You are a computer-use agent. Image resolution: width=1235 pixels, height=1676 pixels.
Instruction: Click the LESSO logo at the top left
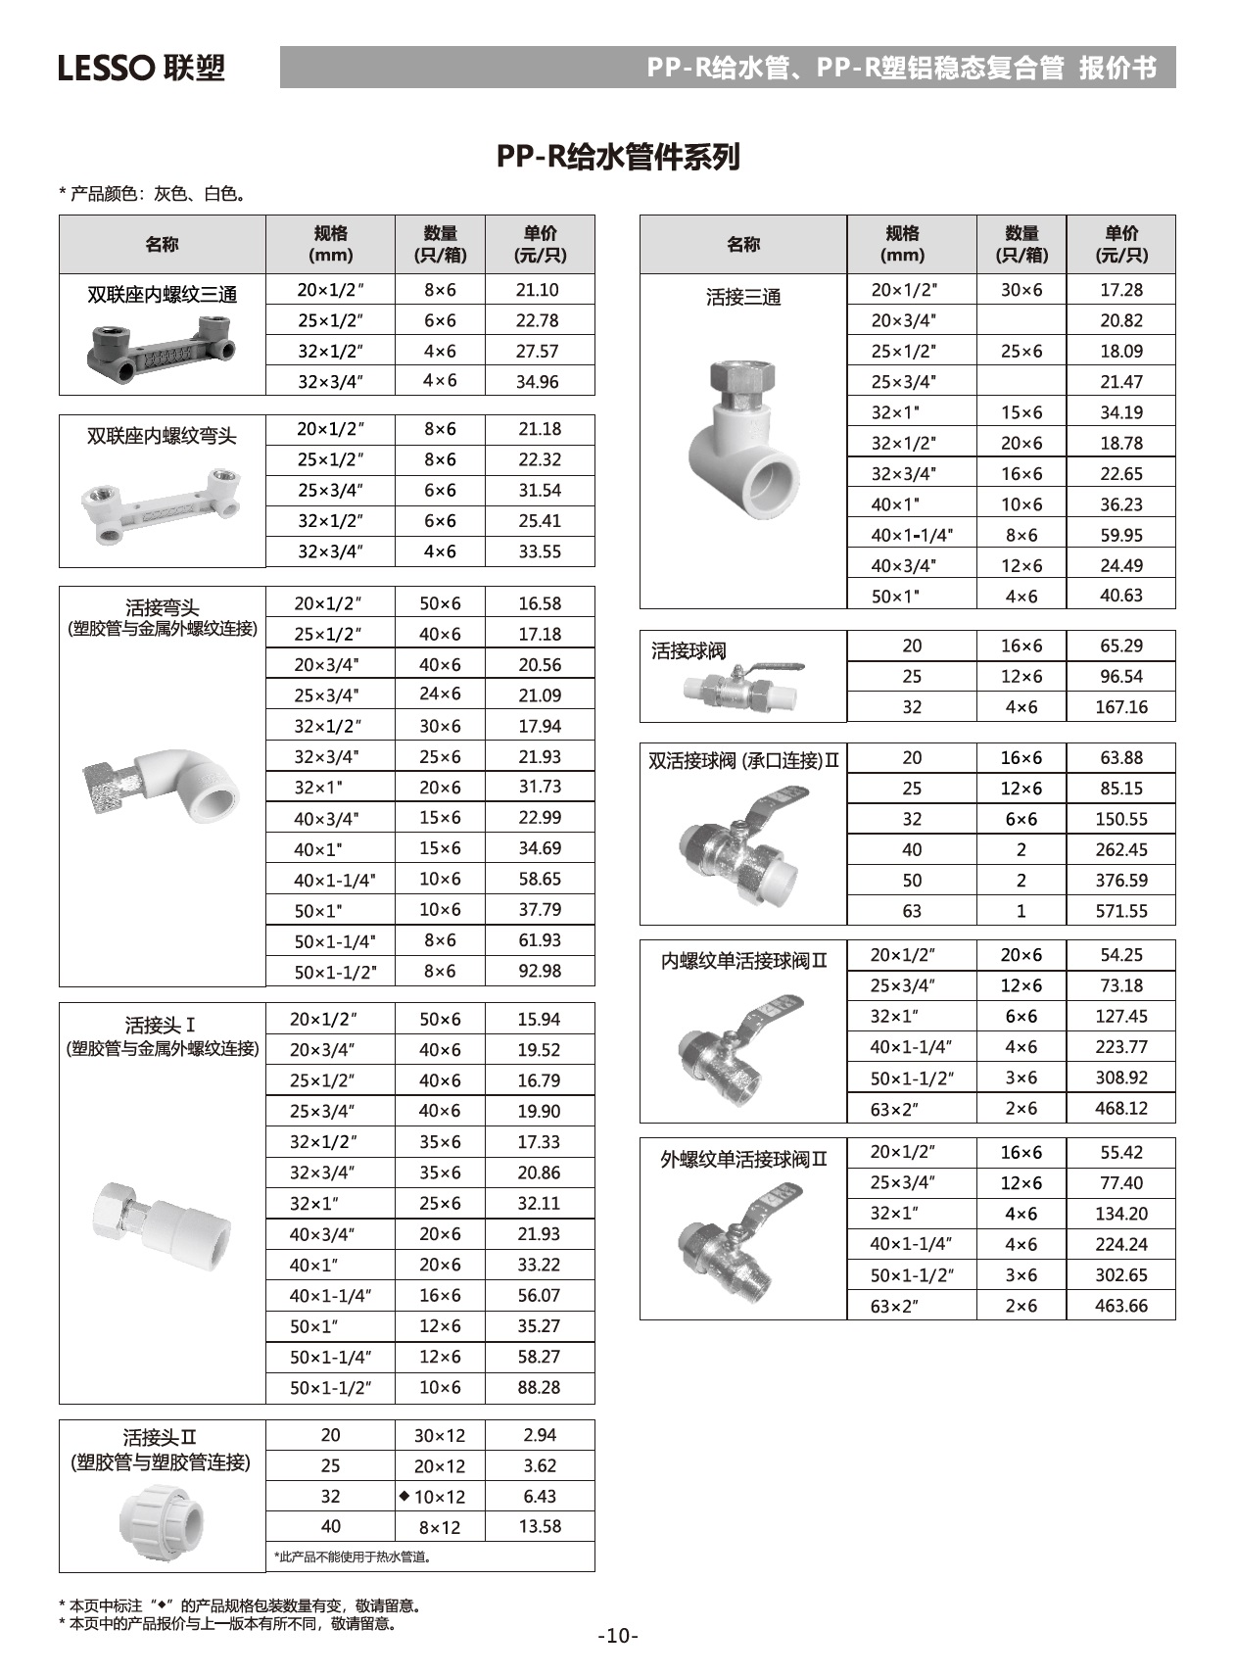(141, 68)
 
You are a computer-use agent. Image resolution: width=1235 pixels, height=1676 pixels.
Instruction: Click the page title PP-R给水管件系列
(617, 157)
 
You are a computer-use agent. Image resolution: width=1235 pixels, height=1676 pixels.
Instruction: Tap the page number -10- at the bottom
(618, 1636)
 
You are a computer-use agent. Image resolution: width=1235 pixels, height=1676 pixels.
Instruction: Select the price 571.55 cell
(1120, 911)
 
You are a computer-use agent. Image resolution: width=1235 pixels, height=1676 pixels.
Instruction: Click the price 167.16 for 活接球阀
(1120, 707)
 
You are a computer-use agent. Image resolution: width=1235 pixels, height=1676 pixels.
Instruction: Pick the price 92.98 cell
(540, 972)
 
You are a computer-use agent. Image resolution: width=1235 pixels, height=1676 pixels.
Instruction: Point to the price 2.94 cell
(540, 1435)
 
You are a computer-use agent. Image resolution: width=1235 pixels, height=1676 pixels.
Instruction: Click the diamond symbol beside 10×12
(404, 1496)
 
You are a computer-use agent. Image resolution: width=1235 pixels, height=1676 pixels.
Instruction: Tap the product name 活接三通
(743, 297)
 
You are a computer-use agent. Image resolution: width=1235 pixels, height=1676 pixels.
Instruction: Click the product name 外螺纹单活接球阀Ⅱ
(743, 1160)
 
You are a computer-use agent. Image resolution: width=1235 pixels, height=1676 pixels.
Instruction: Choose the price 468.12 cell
(1120, 1109)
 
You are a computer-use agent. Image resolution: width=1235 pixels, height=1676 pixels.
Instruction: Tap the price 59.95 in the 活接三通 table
(1120, 535)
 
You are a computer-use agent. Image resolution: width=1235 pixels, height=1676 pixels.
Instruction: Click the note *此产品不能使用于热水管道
(354, 1556)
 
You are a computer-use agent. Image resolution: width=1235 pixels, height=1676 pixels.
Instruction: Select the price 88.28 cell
(540, 1388)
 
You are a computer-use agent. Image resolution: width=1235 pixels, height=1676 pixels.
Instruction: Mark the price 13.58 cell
(540, 1526)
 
